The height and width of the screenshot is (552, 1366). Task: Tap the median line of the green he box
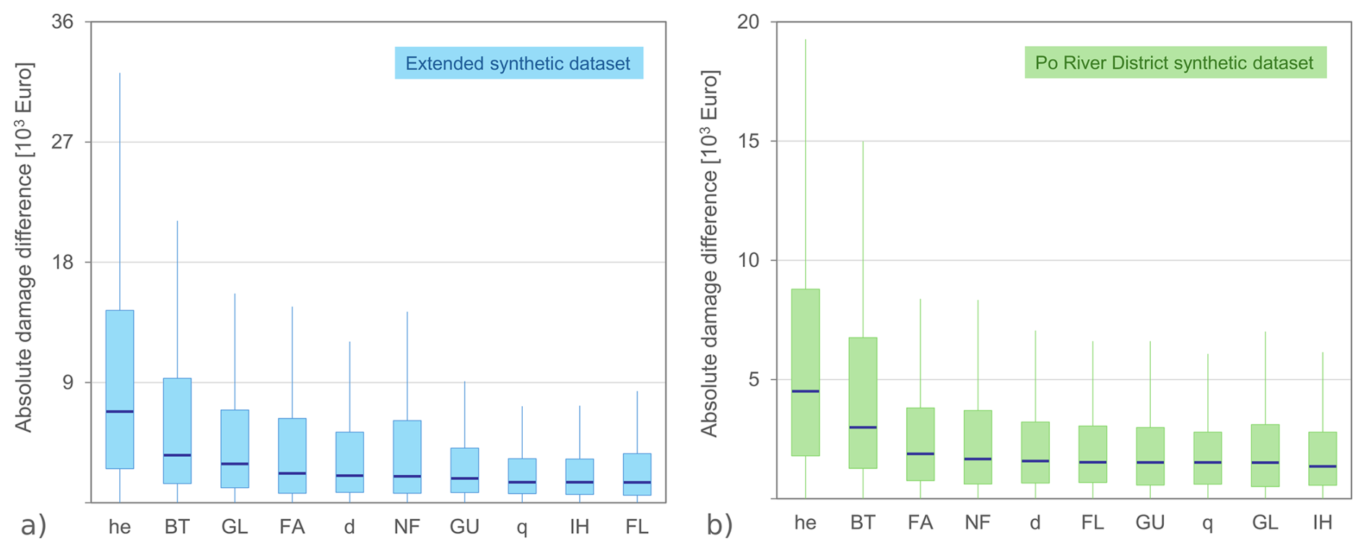coord(805,391)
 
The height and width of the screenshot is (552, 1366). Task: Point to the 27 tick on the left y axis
coord(64,141)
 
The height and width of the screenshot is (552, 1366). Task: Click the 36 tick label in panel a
coord(63,22)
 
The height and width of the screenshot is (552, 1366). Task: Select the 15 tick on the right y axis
coord(749,141)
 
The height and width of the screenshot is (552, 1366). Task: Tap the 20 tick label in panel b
coord(749,22)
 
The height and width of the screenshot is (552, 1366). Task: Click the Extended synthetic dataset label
coord(518,63)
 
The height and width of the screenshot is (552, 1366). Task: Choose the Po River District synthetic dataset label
coord(1175,63)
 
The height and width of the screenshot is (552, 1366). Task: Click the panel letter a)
coord(33,525)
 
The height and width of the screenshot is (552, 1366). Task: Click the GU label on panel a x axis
coord(464,527)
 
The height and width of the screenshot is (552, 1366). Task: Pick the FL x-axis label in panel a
coord(637,527)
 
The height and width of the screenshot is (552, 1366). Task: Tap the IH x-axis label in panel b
coord(1322,522)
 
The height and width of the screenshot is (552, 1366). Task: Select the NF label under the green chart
coord(978,522)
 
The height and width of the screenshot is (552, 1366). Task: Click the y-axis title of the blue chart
coord(25,247)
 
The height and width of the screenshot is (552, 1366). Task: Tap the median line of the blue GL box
coord(235,464)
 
